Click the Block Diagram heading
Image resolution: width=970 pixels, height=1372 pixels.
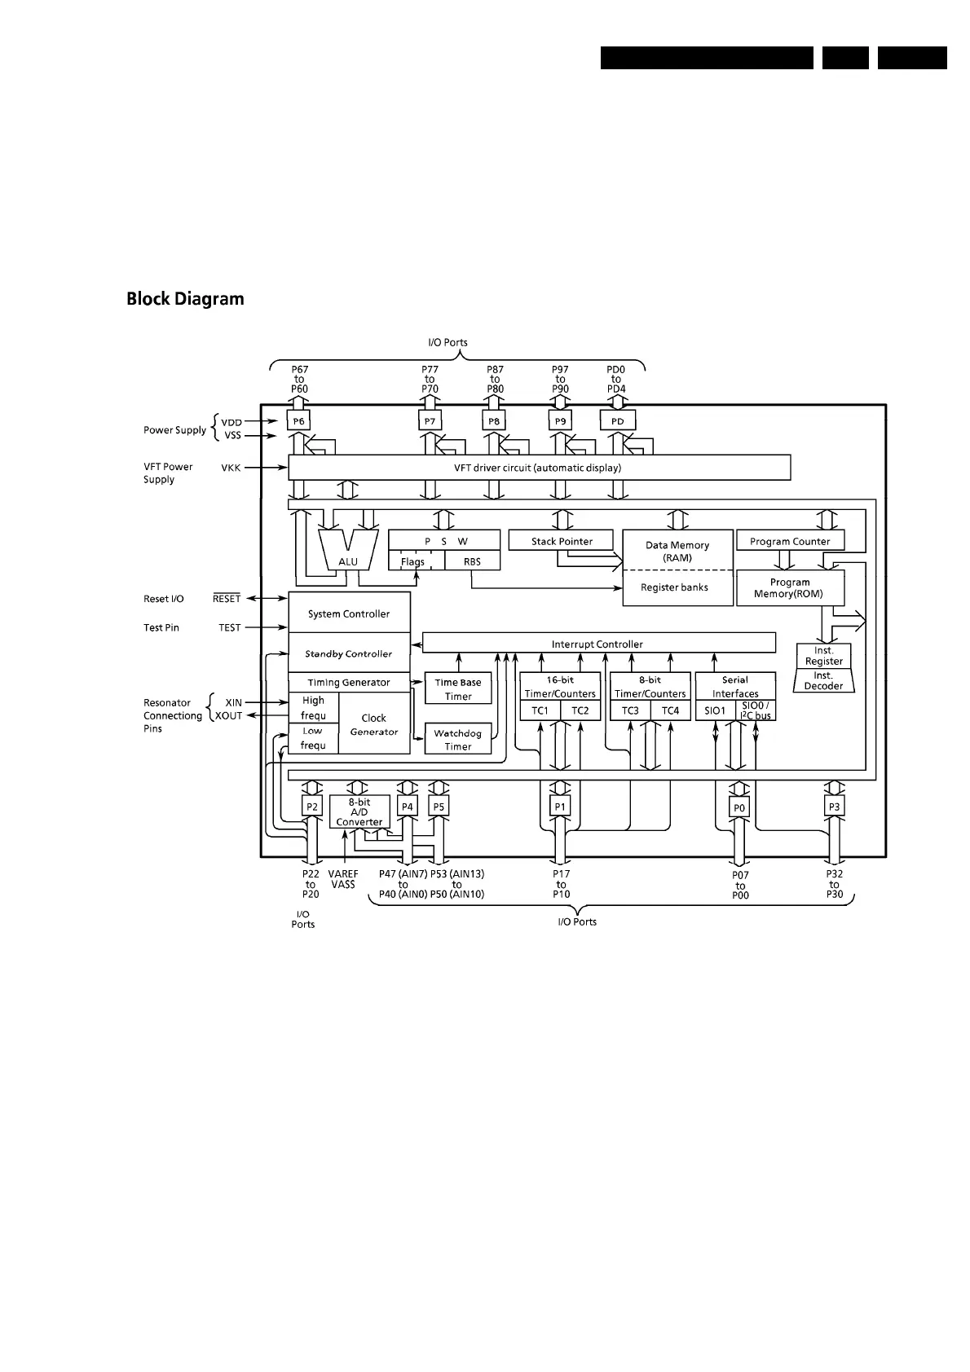[185, 299]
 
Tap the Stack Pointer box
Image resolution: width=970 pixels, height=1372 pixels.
[561, 541]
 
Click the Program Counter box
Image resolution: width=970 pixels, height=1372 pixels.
[789, 541]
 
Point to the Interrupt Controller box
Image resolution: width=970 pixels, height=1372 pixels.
[597, 644]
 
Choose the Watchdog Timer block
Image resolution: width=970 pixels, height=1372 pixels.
[458, 739]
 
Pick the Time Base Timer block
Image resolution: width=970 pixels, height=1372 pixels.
[458, 688]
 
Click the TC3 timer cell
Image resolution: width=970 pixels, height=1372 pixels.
[630, 710]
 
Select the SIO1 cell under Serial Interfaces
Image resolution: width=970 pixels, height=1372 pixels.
[715, 710]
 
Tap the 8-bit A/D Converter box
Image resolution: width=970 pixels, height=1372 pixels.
[359, 812]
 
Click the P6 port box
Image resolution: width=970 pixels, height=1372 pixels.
[299, 421]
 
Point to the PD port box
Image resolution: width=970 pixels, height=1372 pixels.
[617, 421]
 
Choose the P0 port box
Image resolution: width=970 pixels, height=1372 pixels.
[739, 807]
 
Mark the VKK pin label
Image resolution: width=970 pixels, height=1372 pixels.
[231, 468]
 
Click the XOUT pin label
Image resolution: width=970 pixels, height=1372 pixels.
[229, 716]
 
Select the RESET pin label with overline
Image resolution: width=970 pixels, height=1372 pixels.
[227, 599]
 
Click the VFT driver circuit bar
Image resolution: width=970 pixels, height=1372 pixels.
[538, 468]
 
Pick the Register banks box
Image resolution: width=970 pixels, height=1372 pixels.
[674, 587]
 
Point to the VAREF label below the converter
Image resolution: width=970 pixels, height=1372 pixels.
[343, 874]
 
